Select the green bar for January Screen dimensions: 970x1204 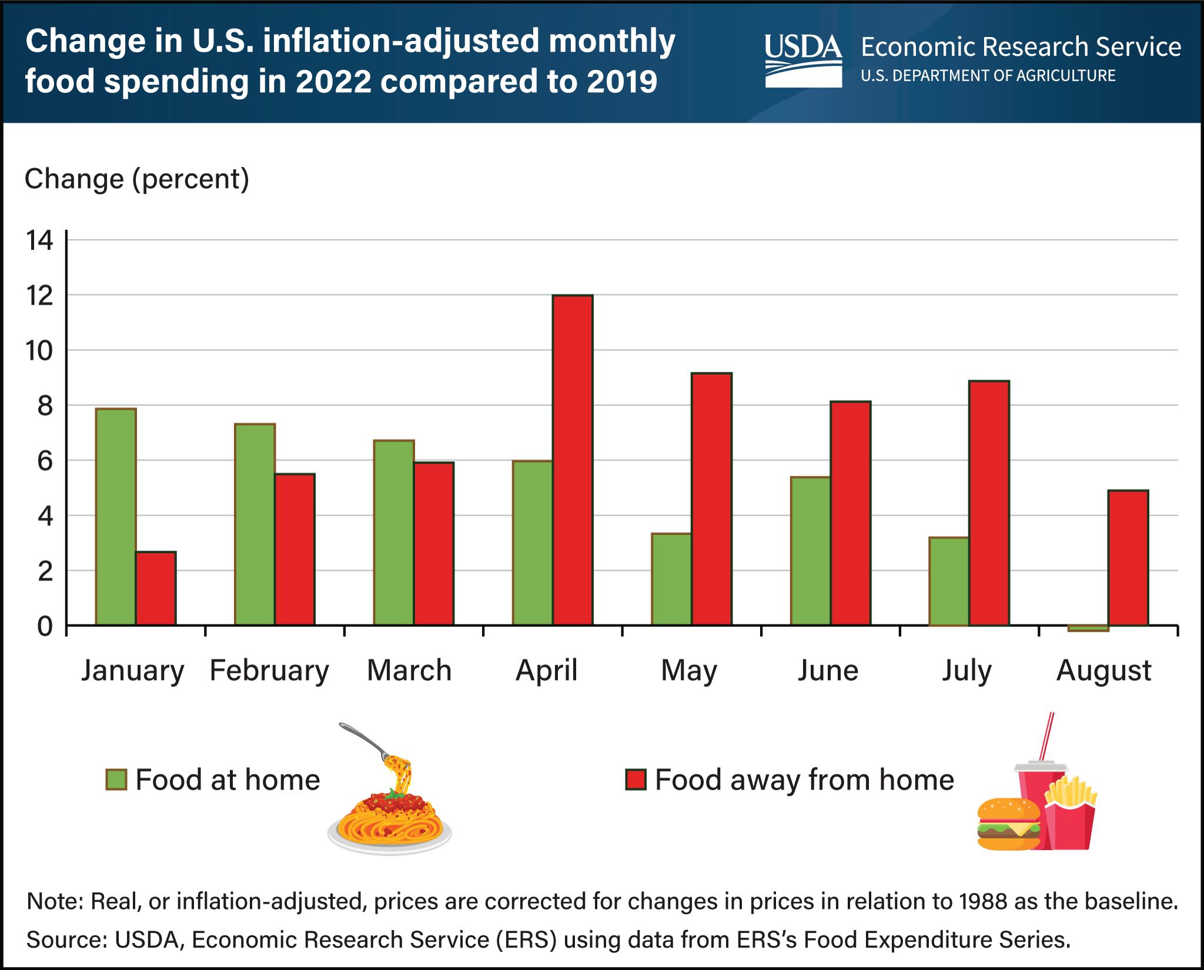[x=116, y=516]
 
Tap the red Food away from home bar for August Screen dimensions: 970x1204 [x=1128, y=558]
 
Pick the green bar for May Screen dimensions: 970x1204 [x=671, y=579]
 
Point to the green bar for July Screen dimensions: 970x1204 [x=949, y=581]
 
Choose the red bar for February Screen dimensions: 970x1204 [x=295, y=549]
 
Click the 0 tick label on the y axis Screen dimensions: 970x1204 [x=45, y=627]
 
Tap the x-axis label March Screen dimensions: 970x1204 [x=409, y=670]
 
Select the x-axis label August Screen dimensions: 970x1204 [x=1103, y=670]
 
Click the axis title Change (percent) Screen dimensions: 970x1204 [x=137, y=179]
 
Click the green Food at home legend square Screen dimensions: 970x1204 [x=116, y=780]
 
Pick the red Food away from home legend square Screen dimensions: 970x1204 [x=635, y=780]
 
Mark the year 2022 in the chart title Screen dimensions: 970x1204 [x=333, y=82]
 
